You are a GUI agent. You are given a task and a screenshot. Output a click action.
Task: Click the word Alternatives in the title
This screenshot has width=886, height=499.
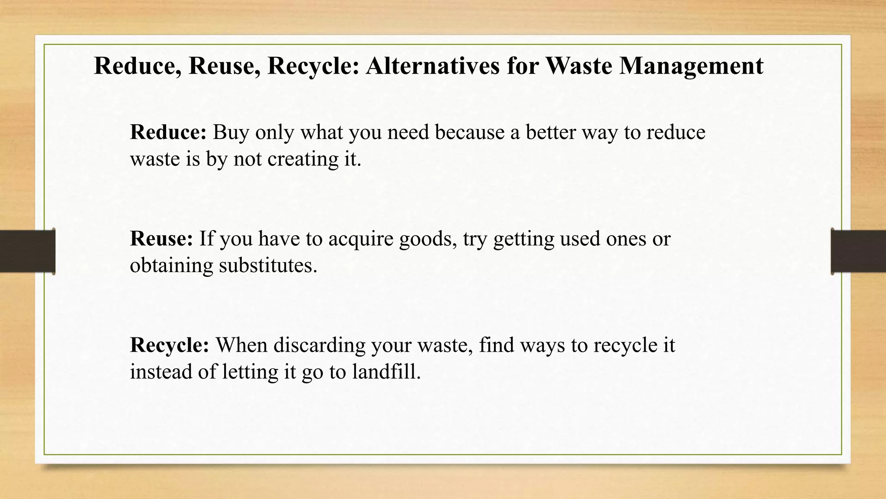click(x=433, y=66)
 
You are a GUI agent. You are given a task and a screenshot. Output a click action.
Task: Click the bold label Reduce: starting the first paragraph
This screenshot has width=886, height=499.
click(x=168, y=132)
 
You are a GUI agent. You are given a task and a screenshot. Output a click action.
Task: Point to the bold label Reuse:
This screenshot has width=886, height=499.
click(x=161, y=239)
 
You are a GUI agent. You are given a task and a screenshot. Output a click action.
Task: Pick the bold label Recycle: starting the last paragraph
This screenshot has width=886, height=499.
click(x=170, y=345)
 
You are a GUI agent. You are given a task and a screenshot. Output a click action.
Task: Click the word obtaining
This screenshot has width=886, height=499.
click(x=171, y=266)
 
